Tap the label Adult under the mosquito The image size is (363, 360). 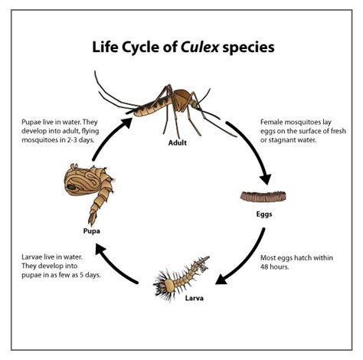point(178,142)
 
